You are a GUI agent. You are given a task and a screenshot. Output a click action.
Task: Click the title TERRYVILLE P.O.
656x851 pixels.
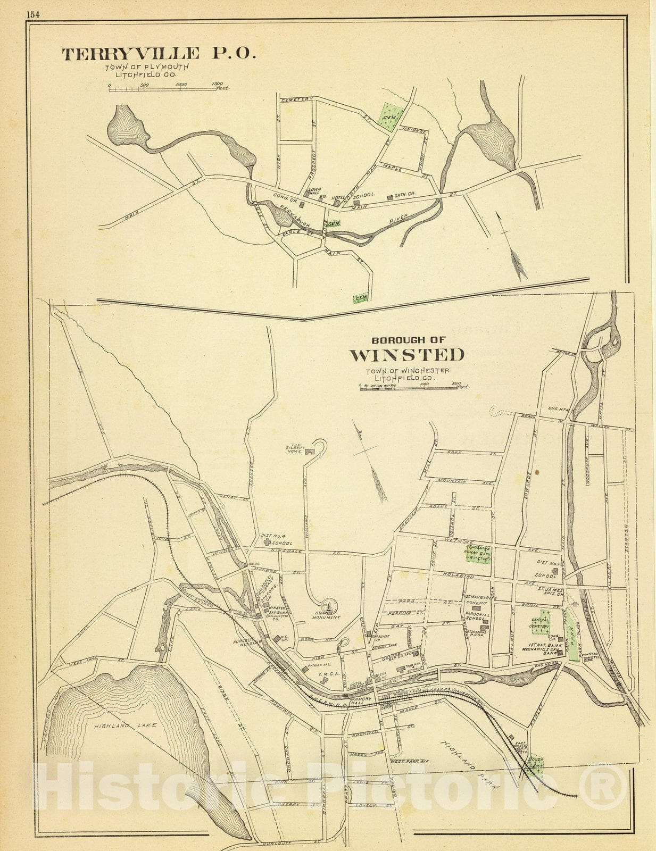[159, 54]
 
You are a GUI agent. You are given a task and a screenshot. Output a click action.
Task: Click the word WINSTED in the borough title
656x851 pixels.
[406, 355]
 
